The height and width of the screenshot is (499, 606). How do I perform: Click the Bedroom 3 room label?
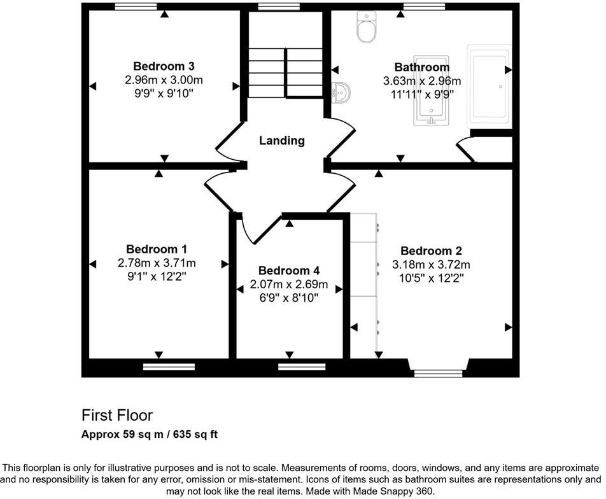click(x=164, y=66)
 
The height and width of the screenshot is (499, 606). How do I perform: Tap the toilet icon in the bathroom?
click(x=367, y=27)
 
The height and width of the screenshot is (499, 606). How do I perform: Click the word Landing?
click(x=281, y=141)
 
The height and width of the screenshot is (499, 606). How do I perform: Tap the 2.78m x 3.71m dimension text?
click(x=157, y=263)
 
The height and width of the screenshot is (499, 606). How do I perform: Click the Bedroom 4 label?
click(x=289, y=271)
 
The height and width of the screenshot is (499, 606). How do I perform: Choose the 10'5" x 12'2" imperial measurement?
click(x=431, y=278)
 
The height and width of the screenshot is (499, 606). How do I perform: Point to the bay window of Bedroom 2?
click(x=438, y=373)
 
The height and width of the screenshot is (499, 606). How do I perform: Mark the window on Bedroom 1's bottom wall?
click(x=169, y=366)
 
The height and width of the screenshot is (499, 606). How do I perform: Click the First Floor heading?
click(x=117, y=416)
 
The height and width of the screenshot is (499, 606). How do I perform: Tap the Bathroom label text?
click(x=421, y=67)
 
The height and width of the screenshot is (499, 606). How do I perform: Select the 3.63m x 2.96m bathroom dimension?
click(x=421, y=81)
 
